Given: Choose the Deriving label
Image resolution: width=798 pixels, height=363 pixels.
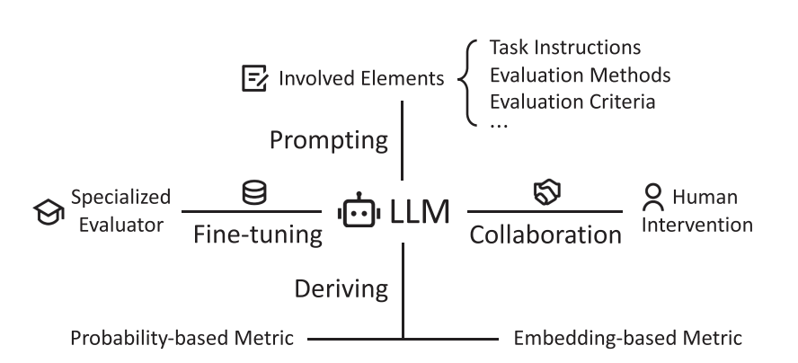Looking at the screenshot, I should pos(341,288).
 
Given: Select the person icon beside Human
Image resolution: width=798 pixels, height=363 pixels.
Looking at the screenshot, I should pos(654,195).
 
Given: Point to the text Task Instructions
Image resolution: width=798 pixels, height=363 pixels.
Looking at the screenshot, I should pos(564,48).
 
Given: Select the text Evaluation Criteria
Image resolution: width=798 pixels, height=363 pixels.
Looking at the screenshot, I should pos(572,101).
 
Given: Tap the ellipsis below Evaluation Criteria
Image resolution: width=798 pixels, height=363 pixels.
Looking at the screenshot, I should pos(499,125).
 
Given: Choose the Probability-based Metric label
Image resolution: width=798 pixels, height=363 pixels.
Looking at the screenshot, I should pos(183,339).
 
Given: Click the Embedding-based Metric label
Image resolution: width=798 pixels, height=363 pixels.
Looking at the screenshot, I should pos(627,339).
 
